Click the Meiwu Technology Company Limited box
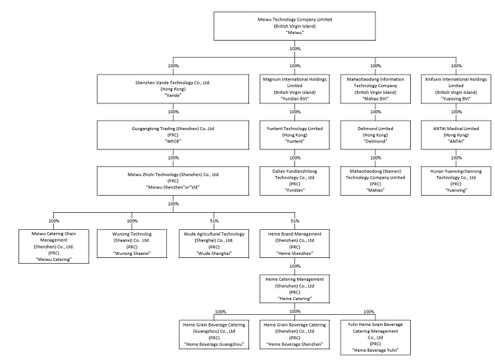point(295,26)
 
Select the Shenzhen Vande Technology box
point(173,89)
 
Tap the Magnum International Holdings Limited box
point(295,89)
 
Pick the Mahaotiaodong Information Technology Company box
point(375,89)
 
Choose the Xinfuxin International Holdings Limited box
point(456,89)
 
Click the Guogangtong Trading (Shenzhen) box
point(173,135)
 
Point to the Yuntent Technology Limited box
point(295,135)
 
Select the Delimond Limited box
point(375,135)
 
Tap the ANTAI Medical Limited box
point(456,135)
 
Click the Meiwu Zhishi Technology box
point(173,181)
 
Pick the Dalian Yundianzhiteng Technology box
point(295,181)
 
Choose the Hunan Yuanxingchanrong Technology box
point(456,181)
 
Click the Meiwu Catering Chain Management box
point(54,246)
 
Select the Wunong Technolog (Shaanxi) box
point(132,243)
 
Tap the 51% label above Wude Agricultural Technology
point(214,221)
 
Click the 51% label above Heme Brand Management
point(295,221)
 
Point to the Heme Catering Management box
point(295,289)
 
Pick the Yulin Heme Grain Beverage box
point(375,337)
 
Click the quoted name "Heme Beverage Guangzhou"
point(214,344)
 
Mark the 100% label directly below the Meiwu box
point(295,49)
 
